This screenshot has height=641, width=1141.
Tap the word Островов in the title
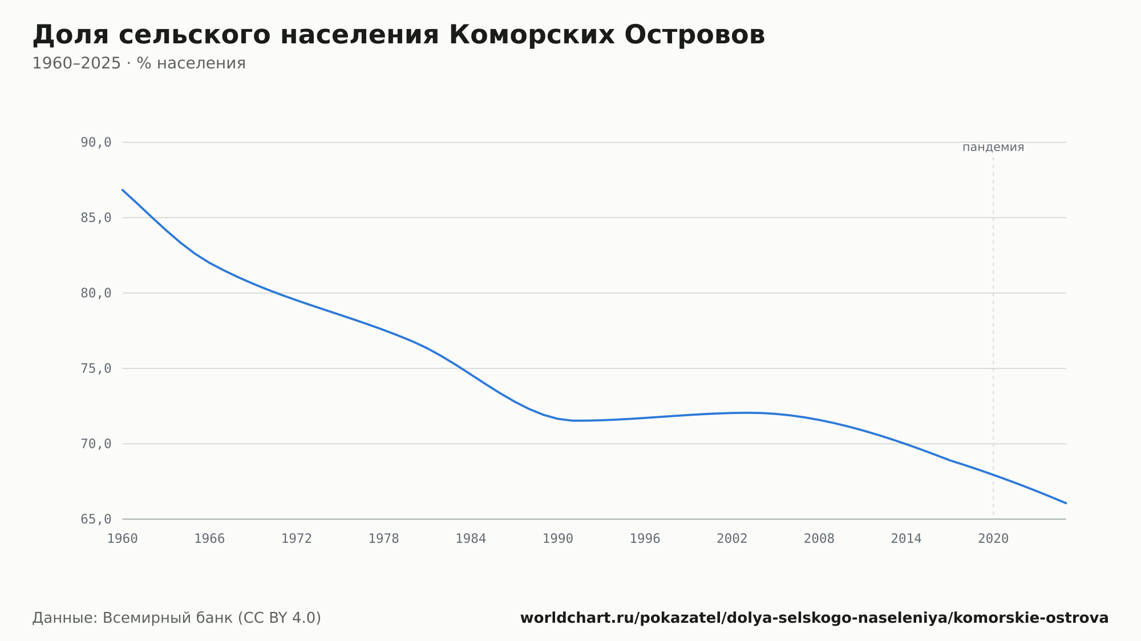[695, 35]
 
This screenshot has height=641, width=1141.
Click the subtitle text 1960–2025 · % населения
[139, 63]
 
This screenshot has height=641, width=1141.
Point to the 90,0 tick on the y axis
[96, 143]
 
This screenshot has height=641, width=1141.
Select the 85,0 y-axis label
[96, 218]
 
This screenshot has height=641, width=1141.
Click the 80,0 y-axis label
[96, 293]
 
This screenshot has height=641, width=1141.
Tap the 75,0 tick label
[96, 368]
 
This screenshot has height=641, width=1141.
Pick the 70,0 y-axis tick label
[96, 444]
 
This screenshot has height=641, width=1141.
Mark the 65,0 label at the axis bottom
[96, 519]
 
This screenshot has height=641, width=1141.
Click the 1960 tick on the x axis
[123, 539]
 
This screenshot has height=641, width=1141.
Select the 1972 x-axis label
[297, 539]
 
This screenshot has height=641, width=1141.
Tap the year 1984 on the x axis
[471, 539]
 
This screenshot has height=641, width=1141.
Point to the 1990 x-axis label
[558, 539]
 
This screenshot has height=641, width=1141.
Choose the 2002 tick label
[732, 539]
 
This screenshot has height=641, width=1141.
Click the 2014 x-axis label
[906, 539]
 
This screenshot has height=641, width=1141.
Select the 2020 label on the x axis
[993, 539]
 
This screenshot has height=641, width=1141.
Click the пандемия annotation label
[993, 147]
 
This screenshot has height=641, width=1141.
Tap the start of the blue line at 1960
[123, 190]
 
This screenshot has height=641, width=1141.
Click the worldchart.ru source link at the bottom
[815, 618]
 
